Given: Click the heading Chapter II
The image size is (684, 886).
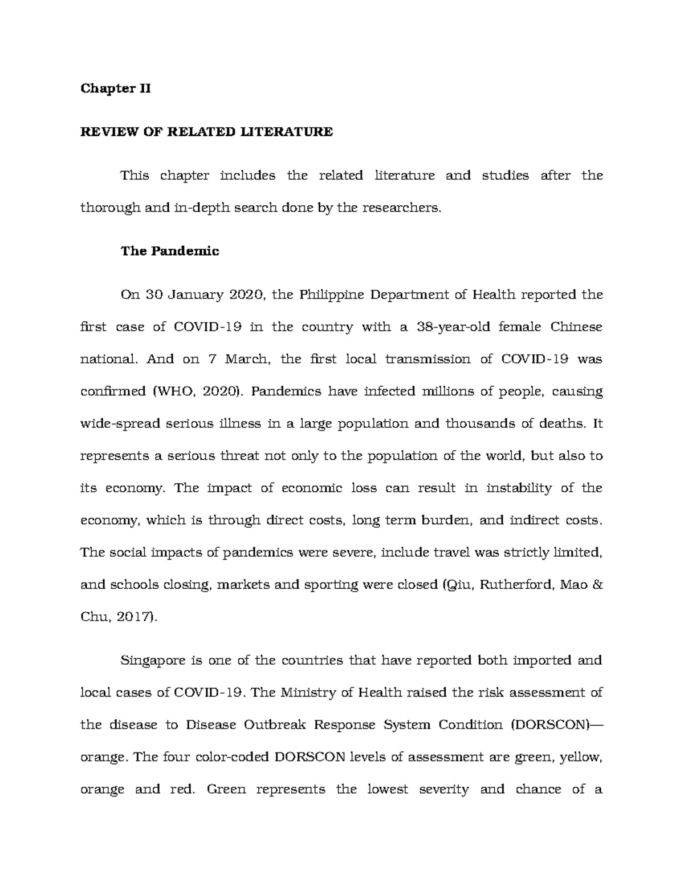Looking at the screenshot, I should pos(116,88).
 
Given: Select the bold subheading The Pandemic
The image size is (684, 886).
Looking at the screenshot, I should pos(170,251).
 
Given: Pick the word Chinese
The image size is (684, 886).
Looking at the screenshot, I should pos(576,327).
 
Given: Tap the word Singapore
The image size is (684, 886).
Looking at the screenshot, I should pos(152,661).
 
